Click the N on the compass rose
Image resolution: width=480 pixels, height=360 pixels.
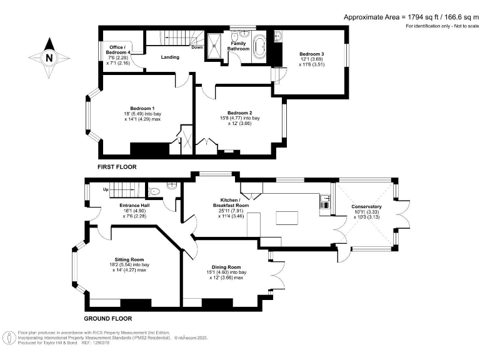[49, 57]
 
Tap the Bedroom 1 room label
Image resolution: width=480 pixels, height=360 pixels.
[142, 108]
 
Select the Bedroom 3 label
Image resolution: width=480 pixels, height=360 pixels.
[312, 54]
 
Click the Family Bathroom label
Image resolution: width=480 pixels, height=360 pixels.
[238, 46]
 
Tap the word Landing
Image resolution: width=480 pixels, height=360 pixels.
[170, 57]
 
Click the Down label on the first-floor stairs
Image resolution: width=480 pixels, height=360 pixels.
[197, 47]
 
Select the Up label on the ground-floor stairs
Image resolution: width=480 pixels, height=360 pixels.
[106, 189]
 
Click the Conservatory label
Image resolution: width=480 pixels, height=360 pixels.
[366, 207]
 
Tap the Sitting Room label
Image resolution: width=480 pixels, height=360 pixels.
[129, 259]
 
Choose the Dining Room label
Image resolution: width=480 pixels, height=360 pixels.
[226, 267]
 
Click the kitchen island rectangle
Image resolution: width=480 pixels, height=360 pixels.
[287, 218]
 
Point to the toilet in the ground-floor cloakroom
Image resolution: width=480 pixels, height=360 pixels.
[154, 192]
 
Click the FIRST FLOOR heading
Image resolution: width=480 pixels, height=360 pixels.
[117, 167]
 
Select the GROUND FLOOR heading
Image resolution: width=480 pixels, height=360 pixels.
[108, 319]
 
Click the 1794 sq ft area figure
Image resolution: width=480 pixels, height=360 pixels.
[421, 17]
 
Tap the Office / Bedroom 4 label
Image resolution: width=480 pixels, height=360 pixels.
[118, 50]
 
